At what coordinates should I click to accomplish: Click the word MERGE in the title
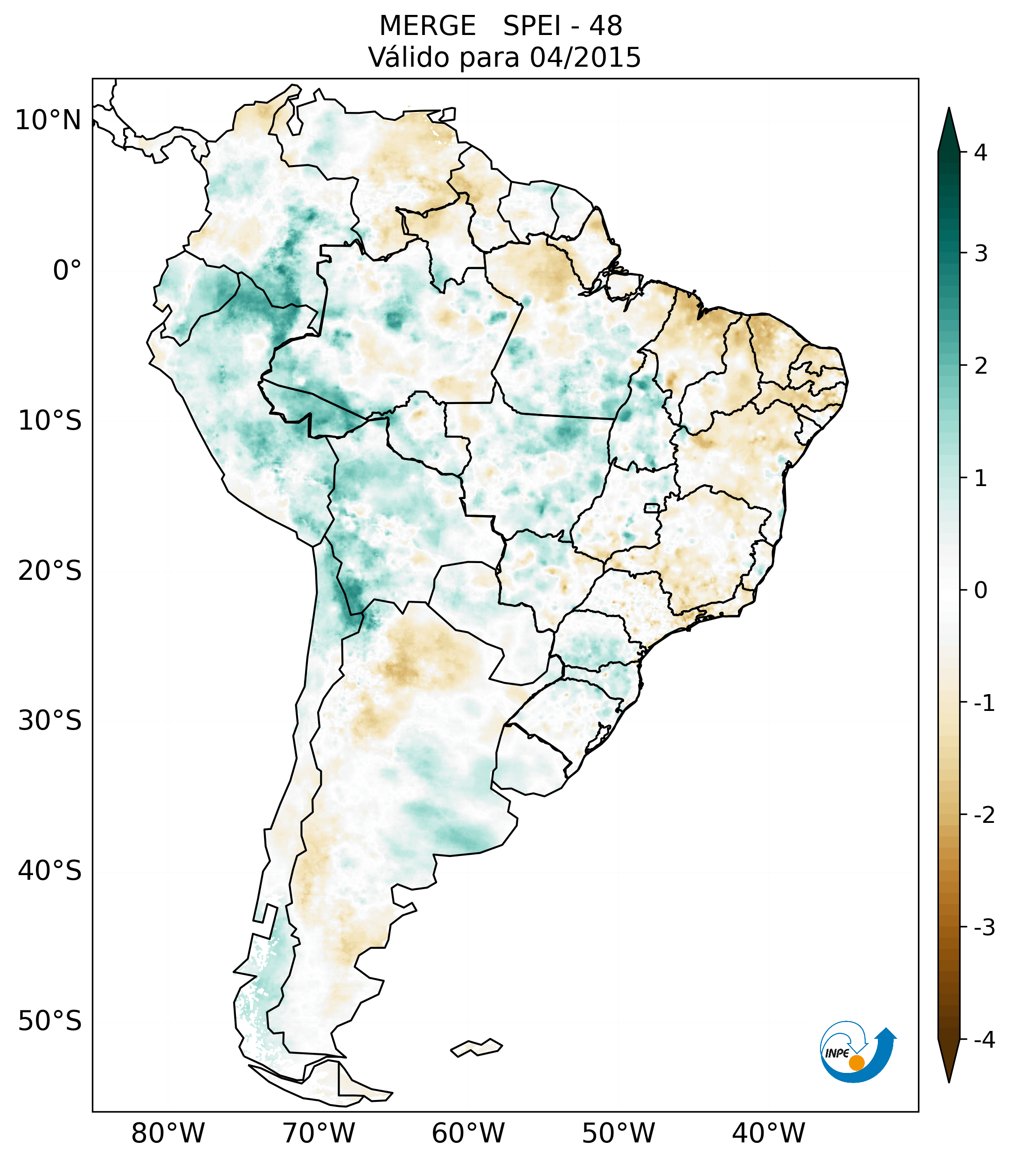(427, 26)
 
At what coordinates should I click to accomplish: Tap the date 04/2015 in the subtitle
(585, 57)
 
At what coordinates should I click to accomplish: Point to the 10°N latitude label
(49, 120)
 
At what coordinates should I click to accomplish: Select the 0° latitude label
(67, 271)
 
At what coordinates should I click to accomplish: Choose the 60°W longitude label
(468, 1133)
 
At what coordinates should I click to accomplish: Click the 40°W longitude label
(768, 1133)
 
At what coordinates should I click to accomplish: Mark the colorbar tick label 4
(980, 153)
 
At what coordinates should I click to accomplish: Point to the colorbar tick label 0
(980, 591)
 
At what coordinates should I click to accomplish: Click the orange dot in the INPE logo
(856, 1063)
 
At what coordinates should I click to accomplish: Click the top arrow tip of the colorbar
(949, 109)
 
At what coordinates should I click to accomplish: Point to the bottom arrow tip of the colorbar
(949, 1081)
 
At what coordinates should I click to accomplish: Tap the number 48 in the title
(605, 26)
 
